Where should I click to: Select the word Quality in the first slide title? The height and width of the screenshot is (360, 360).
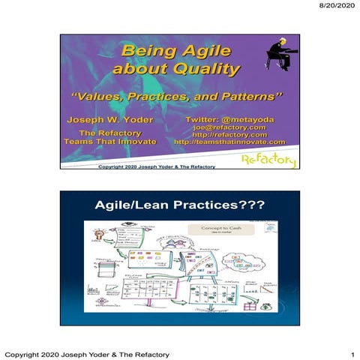click(x=208, y=70)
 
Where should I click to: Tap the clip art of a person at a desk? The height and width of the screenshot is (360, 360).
click(x=281, y=55)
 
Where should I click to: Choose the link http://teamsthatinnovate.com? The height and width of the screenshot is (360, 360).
click(x=230, y=142)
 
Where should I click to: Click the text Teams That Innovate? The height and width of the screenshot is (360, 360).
click(x=110, y=142)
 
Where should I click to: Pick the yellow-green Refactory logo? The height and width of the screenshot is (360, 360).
click(x=268, y=160)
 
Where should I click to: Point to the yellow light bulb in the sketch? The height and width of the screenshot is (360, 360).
click(x=97, y=236)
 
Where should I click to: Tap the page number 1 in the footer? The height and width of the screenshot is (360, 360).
click(x=351, y=353)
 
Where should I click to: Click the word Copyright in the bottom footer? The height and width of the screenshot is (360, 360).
click(x=25, y=353)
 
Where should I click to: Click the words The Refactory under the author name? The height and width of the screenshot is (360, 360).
click(x=110, y=133)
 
